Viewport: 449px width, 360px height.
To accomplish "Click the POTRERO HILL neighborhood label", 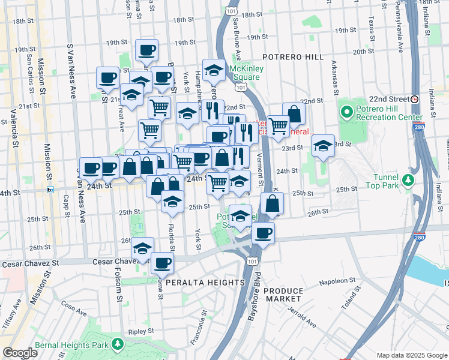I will click(x=293, y=57).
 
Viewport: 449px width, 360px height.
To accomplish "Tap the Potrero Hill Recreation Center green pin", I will click(x=347, y=112).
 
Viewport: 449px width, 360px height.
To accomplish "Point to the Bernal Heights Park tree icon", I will click(x=118, y=344).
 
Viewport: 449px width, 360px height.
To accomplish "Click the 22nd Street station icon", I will click(x=414, y=98).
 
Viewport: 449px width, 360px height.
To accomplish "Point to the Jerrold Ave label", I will click(x=303, y=317).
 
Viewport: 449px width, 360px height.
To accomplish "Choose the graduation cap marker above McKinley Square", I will click(x=214, y=71).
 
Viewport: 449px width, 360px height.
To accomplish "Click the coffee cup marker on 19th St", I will click(x=146, y=50).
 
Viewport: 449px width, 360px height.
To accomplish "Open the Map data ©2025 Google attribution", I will click(x=411, y=355).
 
